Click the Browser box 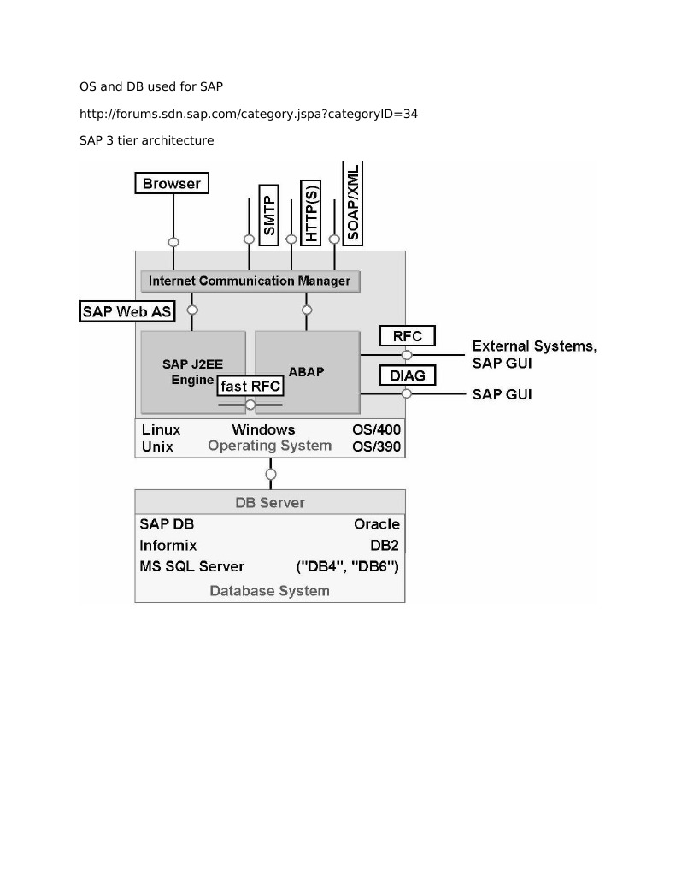pyautogui.click(x=172, y=183)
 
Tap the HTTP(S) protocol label pyautogui.click(x=311, y=212)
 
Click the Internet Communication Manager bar pyautogui.click(x=249, y=281)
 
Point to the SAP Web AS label pyautogui.click(x=126, y=311)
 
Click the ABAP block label pyautogui.click(x=306, y=372)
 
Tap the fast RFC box pyautogui.click(x=250, y=387)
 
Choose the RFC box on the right pyautogui.click(x=408, y=336)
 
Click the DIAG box pyautogui.click(x=408, y=375)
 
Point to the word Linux pyautogui.click(x=161, y=429)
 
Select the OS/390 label pyautogui.click(x=376, y=446)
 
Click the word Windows pyautogui.click(x=263, y=429)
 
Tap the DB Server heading pyautogui.click(x=270, y=502)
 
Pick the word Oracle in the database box pyautogui.click(x=376, y=523)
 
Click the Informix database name pyautogui.click(x=168, y=545)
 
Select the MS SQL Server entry pyautogui.click(x=191, y=566)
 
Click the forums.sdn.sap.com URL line pyautogui.click(x=248, y=113)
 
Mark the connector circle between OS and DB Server pyautogui.click(x=271, y=474)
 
